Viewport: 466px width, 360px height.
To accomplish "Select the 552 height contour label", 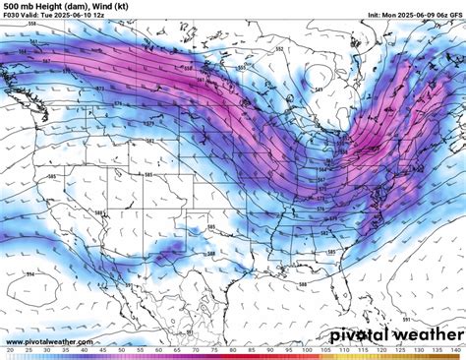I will [x=279, y=49].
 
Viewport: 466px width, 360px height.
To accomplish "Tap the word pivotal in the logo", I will [x=357, y=335].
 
